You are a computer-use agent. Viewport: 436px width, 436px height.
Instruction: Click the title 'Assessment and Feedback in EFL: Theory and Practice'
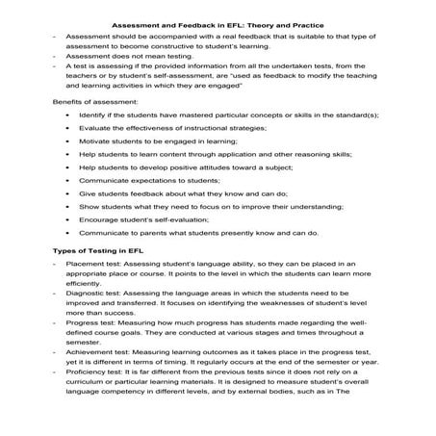point(218,26)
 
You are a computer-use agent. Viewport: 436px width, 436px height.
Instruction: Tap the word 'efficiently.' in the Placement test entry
point(85,285)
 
